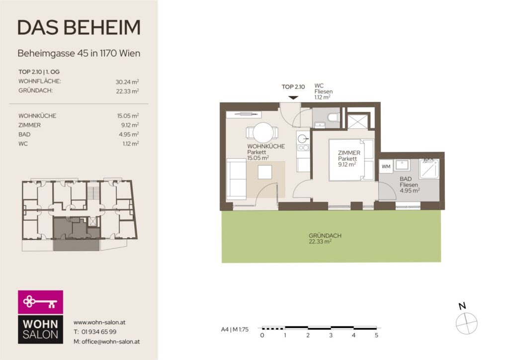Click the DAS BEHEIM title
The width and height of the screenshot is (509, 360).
click(x=79, y=27)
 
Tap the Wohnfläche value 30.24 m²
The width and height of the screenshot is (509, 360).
click(x=127, y=82)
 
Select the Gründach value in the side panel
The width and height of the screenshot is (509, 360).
click(x=128, y=91)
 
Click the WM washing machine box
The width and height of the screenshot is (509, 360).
click(x=386, y=167)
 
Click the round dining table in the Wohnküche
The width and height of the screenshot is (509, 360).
click(x=263, y=132)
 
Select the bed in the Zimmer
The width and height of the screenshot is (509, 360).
click(x=351, y=160)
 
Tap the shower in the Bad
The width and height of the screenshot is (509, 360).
click(x=429, y=169)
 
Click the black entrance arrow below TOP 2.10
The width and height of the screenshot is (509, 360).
click(x=293, y=98)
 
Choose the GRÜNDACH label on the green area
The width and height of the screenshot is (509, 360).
click(x=325, y=236)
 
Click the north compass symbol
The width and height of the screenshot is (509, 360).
click(x=466, y=323)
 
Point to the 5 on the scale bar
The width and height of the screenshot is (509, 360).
click(x=377, y=335)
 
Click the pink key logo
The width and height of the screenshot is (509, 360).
click(x=40, y=302)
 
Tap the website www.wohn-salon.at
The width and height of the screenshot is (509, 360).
click(x=99, y=322)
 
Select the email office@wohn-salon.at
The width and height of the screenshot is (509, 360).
click(x=111, y=342)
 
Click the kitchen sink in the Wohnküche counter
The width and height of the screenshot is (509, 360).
click(x=303, y=139)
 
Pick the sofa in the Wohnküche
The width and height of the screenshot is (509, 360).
click(x=236, y=179)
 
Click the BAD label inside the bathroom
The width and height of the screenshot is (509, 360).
click(x=406, y=179)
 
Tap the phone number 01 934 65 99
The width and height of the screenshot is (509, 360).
click(x=99, y=332)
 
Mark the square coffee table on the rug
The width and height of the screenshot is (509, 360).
click(x=265, y=172)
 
